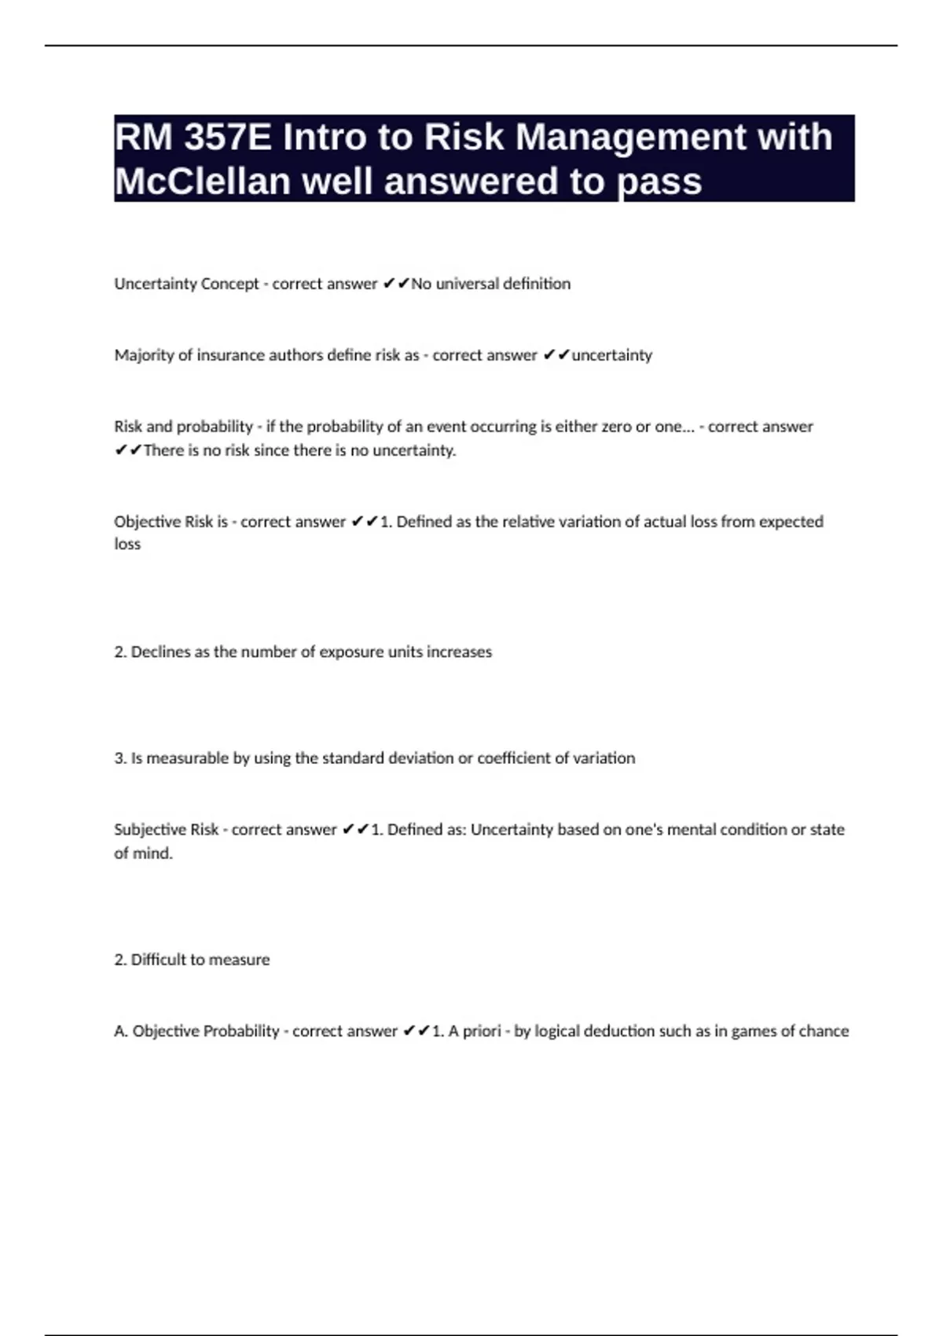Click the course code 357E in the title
[x=228, y=138]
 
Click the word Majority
[x=144, y=355]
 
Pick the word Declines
[x=160, y=651]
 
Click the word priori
[x=482, y=1031]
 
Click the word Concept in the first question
[x=230, y=284]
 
